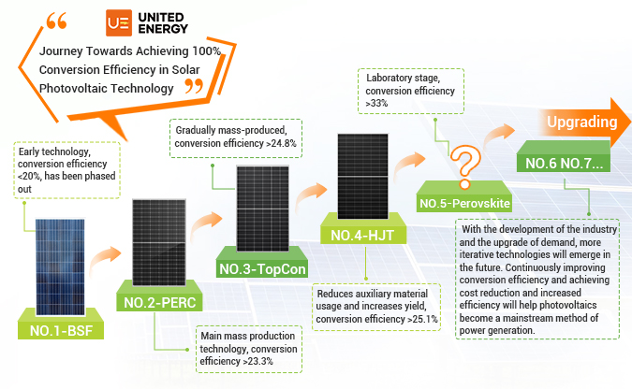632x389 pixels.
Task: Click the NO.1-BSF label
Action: pyautogui.click(x=61, y=329)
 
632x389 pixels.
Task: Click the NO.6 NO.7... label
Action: pyautogui.click(x=563, y=163)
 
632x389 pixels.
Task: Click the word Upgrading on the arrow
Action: pyautogui.click(x=581, y=122)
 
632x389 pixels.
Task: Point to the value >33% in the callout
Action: pyautogui.click(x=375, y=104)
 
